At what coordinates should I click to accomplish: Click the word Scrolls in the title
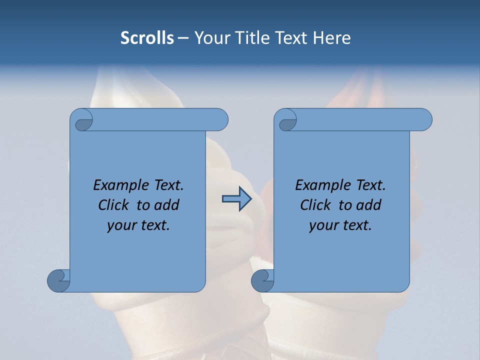click(147, 38)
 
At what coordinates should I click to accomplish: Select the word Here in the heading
click(332, 38)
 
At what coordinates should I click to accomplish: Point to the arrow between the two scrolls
click(236, 199)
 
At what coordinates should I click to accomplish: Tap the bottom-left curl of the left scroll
click(58, 280)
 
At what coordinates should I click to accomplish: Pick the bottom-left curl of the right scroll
click(262, 280)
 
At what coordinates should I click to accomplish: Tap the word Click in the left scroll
click(114, 205)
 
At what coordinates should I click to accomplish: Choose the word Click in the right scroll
click(316, 205)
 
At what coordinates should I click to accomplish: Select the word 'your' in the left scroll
click(120, 225)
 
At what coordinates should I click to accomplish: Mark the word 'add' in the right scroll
click(369, 205)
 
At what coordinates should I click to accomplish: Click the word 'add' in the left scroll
click(167, 205)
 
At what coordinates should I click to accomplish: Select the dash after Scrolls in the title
click(183, 38)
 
